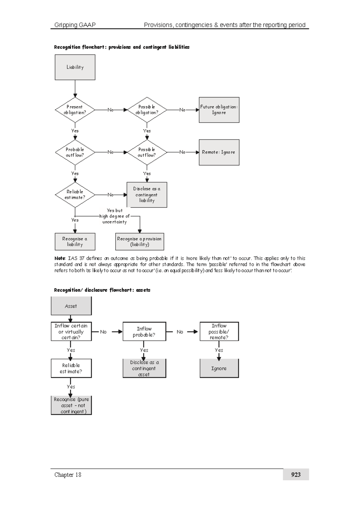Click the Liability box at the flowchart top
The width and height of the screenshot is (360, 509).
tap(75, 67)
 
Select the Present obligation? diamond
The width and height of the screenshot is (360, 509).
tap(75, 110)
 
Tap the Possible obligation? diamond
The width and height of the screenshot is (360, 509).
tap(147, 110)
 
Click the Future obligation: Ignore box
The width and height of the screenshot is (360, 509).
tap(219, 110)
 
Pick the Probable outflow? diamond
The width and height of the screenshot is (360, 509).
tap(75, 152)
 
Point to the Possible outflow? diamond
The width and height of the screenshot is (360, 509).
tap(147, 152)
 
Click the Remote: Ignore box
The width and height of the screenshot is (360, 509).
tap(219, 152)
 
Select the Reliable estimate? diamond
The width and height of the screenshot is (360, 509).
tap(75, 195)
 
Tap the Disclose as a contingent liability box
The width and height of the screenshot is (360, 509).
tap(147, 195)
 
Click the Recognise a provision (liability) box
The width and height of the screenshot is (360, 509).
tap(139, 242)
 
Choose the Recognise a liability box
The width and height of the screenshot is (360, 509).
tap(75, 242)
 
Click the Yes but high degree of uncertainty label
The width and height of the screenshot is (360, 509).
tap(115, 216)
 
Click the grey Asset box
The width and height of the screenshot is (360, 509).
tap(71, 306)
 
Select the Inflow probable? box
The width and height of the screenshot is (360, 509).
tap(144, 332)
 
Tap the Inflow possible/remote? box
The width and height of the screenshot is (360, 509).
tap(219, 332)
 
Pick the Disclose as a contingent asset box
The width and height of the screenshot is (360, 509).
tap(144, 368)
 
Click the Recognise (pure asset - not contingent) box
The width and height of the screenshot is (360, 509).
tap(71, 405)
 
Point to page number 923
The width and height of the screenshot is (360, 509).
tap(296, 474)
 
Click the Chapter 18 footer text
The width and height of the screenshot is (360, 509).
tap(68, 475)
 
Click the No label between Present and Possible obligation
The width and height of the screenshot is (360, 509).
tap(110, 110)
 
